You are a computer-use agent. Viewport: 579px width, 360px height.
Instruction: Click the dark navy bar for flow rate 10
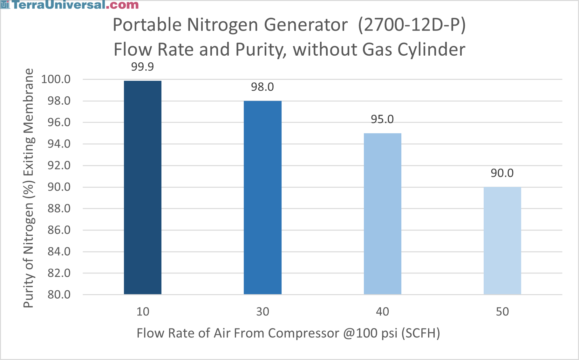click(x=143, y=188)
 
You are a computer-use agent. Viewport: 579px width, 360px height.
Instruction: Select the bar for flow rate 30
click(x=262, y=197)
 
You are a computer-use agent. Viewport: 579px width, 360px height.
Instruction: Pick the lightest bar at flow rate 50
click(x=502, y=240)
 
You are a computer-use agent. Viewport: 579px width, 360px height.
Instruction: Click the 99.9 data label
click(x=142, y=67)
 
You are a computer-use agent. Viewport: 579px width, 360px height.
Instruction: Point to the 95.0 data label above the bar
click(x=382, y=119)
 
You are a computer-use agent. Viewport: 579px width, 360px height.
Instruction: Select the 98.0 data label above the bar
click(x=262, y=87)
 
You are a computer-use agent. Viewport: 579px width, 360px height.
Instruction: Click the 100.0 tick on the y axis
click(x=56, y=79)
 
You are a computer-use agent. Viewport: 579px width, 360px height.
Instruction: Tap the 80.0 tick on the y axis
click(x=59, y=294)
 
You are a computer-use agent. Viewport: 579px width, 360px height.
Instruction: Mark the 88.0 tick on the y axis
click(x=59, y=209)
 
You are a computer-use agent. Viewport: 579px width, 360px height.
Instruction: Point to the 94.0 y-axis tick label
click(x=59, y=144)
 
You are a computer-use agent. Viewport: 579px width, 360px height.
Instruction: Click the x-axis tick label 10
click(x=143, y=312)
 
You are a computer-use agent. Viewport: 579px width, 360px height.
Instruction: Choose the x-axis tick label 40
click(x=382, y=312)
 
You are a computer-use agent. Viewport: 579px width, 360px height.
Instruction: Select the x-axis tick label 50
click(x=502, y=312)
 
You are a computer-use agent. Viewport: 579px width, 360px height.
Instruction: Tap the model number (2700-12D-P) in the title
click(x=412, y=25)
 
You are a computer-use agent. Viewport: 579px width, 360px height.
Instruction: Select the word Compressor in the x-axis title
click(x=303, y=333)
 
